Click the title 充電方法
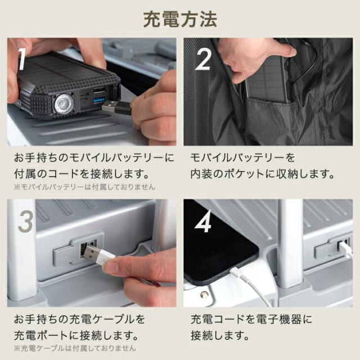pyautogui.click(x=180, y=20)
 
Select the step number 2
pyautogui.click(x=203, y=59)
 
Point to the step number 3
pyautogui.click(x=25, y=221)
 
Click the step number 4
pyautogui.click(x=203, y=221)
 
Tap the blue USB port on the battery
pyautogui.click(x=99, y=100)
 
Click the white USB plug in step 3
pyautogui.click(x=98, y=255)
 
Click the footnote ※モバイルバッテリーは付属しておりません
pyautogui.click(x=84, y=187)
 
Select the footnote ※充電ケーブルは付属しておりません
pyautogui.click(x=75, y=348)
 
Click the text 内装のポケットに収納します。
pyautogui.click(x=262, y=174)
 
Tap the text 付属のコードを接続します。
pyautogui.click(x=82, y=174)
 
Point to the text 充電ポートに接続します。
pyautogui.click(x=76, y=335)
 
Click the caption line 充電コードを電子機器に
pyautogui.click(x=251, y=319)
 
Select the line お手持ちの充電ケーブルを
pyautogui.click(x=79, y=319)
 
